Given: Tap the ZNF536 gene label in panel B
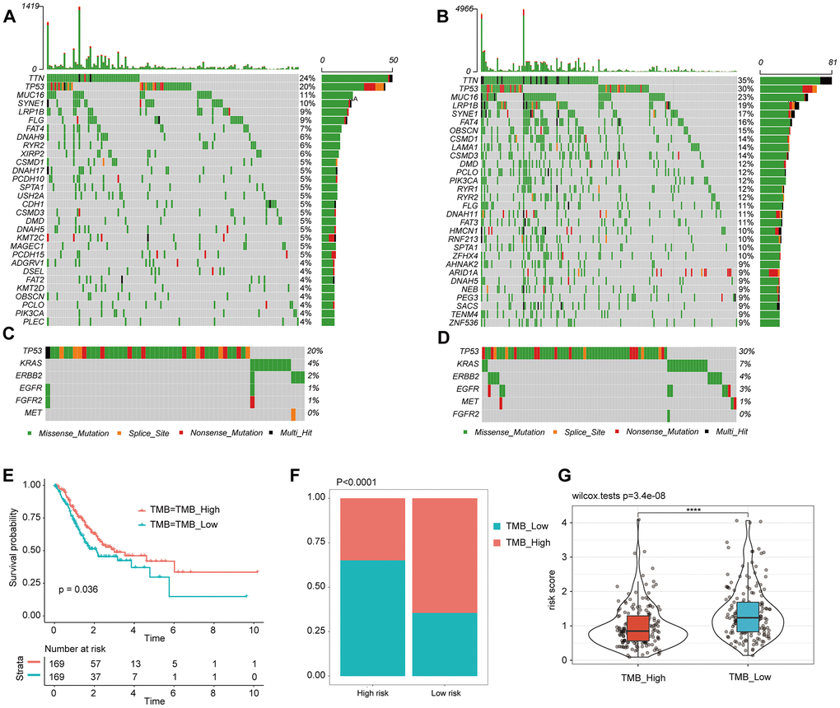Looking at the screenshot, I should pyautogui.click(x=462, y=322).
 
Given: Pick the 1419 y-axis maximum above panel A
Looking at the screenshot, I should pyautogui.click(x=34, y=7).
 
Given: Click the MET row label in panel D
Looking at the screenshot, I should pyautogui.click(x=466, y=401).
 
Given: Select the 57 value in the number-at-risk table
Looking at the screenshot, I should pyautogui.click(x=95, y=662).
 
